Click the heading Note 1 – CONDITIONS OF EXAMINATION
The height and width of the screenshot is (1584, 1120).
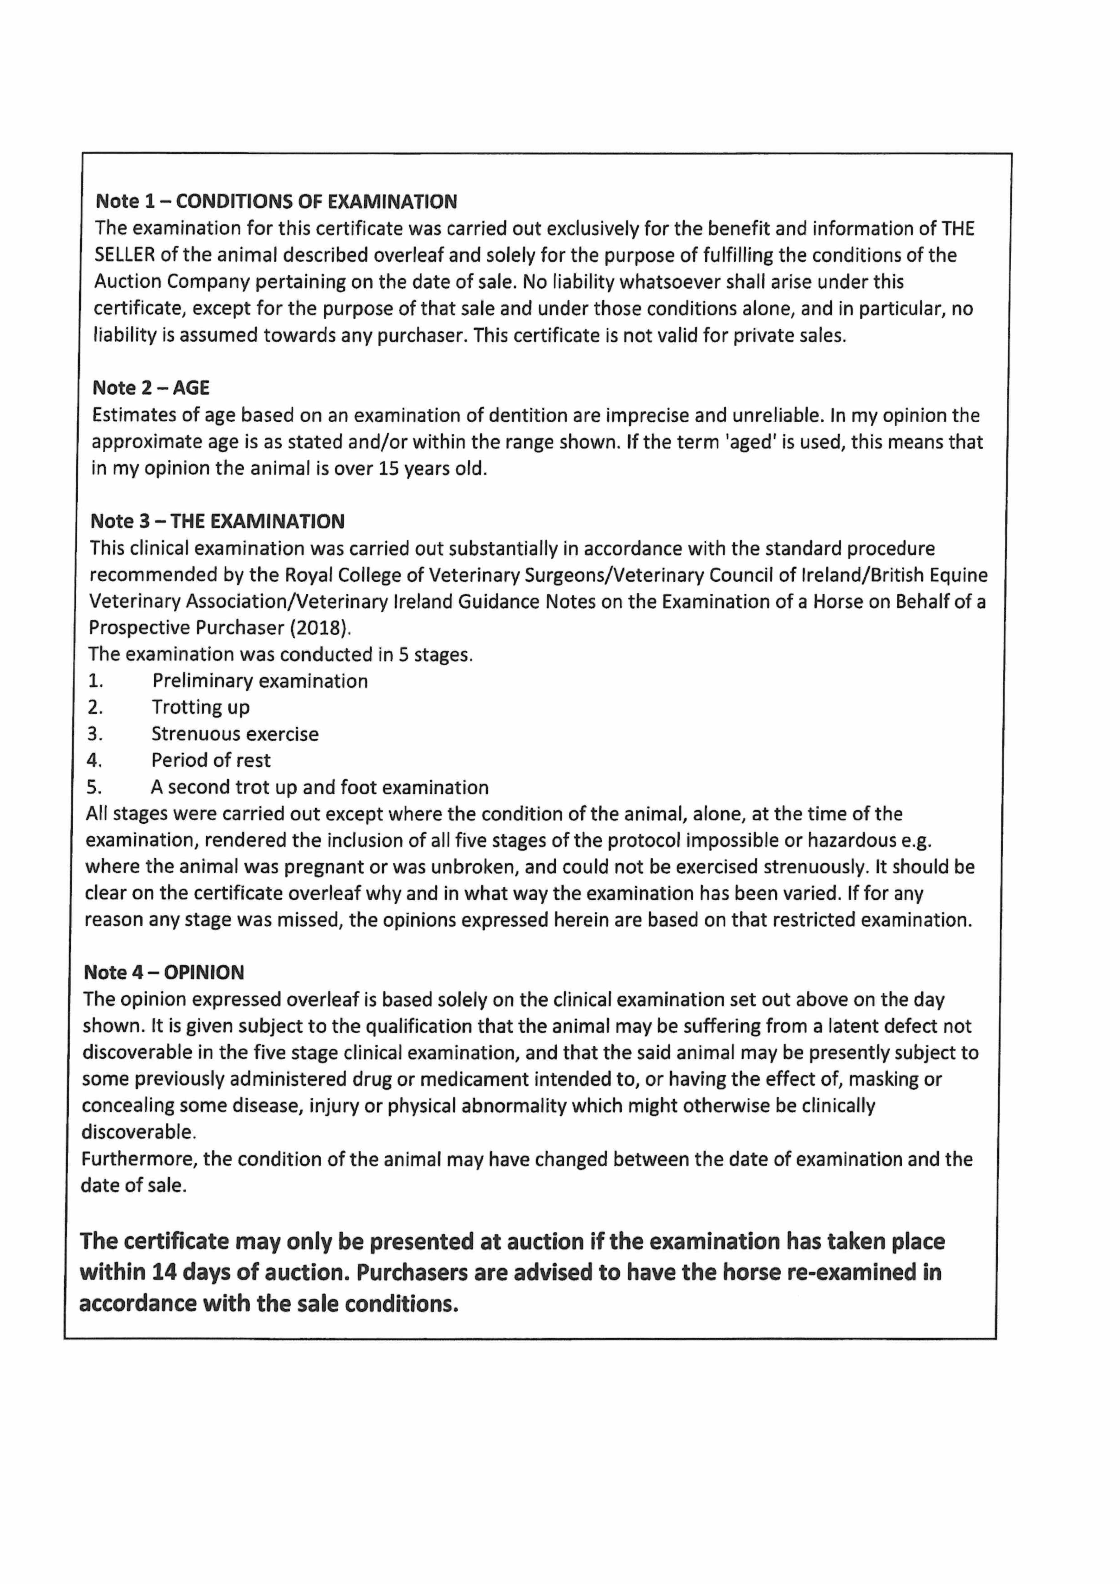coord(276,201)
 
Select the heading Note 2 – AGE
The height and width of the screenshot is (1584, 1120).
coord(151,388)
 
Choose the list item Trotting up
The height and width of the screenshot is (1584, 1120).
coord(201,707)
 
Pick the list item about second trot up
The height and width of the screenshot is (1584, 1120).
coord(319,787)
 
